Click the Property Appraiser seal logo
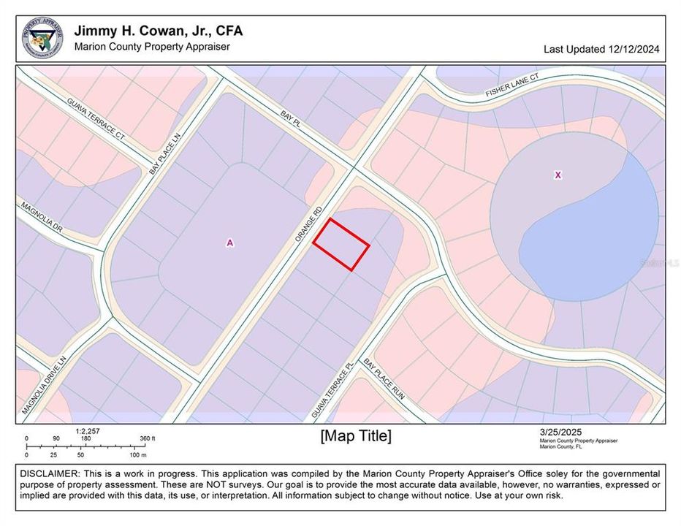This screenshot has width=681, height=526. (x=42, y=38)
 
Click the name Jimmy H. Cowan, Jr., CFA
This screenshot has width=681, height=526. (x=159, y=31)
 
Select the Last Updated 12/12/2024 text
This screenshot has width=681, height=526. (x=601, y=50)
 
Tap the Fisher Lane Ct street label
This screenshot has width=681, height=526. (x=512, y=85)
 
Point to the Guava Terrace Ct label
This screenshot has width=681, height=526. (x=96, y=118)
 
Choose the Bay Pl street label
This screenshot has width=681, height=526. (x=290, y=118)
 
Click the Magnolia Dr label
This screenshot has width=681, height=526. (x=42, y=217)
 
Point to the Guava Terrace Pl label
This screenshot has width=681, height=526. (x=332, y=389)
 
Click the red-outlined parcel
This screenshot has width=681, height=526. (x=341, y=244)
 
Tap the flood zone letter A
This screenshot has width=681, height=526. (x=230, y=243)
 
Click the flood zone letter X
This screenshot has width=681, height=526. (x=558, y=175)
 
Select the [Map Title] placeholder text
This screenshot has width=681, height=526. (x=356, y=436)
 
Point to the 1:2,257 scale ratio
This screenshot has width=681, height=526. (x=87, y=431)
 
